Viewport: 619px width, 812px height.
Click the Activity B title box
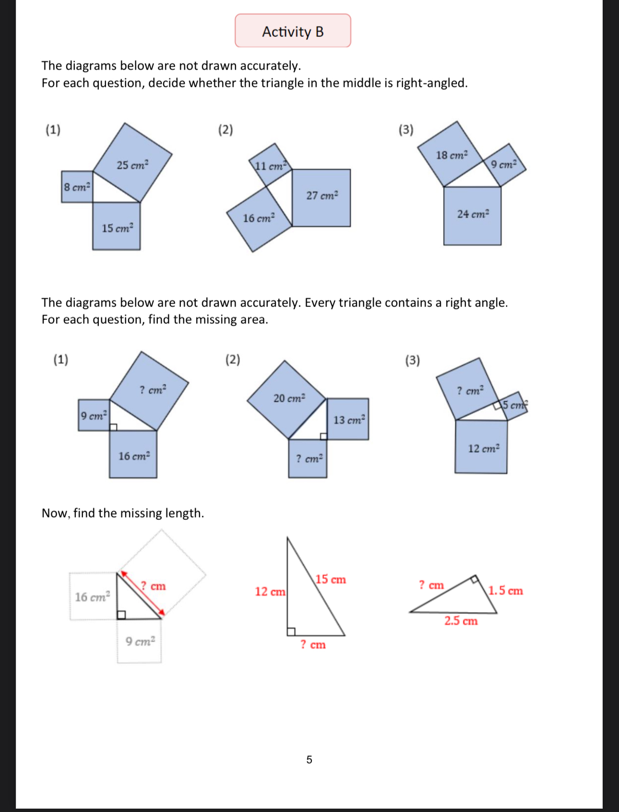pos(293,31)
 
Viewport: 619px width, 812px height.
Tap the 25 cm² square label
pos(132,165)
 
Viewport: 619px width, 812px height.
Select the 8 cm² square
pos(77,187)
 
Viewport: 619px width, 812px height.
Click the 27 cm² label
pos(322,195)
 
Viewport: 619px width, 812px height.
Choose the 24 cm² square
pos(472,216)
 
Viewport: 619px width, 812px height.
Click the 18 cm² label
pos(452,155)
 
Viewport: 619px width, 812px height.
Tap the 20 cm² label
pos(289,398)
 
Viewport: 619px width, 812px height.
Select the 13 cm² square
pos(348,419)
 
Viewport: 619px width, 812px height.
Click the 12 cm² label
pos(484,448)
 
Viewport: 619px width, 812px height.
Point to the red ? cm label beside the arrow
pos(153,586)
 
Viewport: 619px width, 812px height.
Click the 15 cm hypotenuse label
pos(331,579)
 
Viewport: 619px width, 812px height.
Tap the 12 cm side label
pos(270,591)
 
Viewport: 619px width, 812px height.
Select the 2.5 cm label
pos(461,621)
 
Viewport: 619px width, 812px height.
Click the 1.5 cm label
pos(505,590)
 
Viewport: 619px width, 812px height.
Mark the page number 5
pos(309,759)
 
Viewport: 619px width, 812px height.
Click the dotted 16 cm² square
pos(93,596)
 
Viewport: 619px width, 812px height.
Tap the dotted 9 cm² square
pos(140,641)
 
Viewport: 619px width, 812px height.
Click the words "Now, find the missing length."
pos(123,513)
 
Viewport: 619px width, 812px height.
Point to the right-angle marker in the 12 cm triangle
pos(291,632)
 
